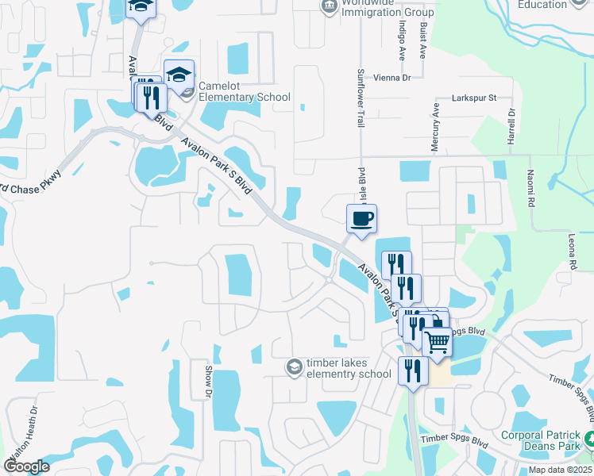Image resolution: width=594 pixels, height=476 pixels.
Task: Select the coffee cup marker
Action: (x=361, y=218)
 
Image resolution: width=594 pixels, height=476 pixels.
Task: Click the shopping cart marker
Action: (x=438, y=343)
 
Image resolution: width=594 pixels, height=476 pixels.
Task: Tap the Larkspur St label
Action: (x=473, y=98)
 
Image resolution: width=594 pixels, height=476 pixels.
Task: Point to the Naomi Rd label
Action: (x=529, y=193)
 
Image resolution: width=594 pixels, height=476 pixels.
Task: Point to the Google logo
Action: (x=26, y=466)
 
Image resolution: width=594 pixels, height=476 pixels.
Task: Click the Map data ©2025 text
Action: (x=559, y=470)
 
